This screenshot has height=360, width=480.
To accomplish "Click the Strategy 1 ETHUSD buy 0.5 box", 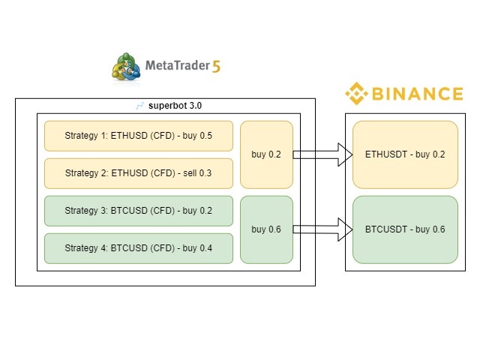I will pyautogui.click(x=139, y=136).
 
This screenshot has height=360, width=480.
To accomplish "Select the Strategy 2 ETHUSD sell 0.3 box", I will pyautogui.click(x=139, y=173).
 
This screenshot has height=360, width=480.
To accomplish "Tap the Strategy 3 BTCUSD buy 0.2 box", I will pyautogui.click(x=139, y=211).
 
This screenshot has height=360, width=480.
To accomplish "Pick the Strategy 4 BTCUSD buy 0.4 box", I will pyautogui.click(x=139, y=248).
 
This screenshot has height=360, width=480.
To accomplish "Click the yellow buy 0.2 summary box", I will pyautogui.click(x=266, y=154).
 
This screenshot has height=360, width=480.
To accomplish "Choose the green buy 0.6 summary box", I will pyautogui.click(x=266, y=229).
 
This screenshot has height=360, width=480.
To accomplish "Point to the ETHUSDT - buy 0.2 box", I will pyautogui.click(x=405, y=154).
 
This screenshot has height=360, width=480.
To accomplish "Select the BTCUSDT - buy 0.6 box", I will pyautogui.click(x=405, y=229).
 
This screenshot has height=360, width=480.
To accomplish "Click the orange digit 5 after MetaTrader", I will pyautogui.click(x=217, y=66).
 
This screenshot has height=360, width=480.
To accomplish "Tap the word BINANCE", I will pyautogui.click(x=416, y=94).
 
